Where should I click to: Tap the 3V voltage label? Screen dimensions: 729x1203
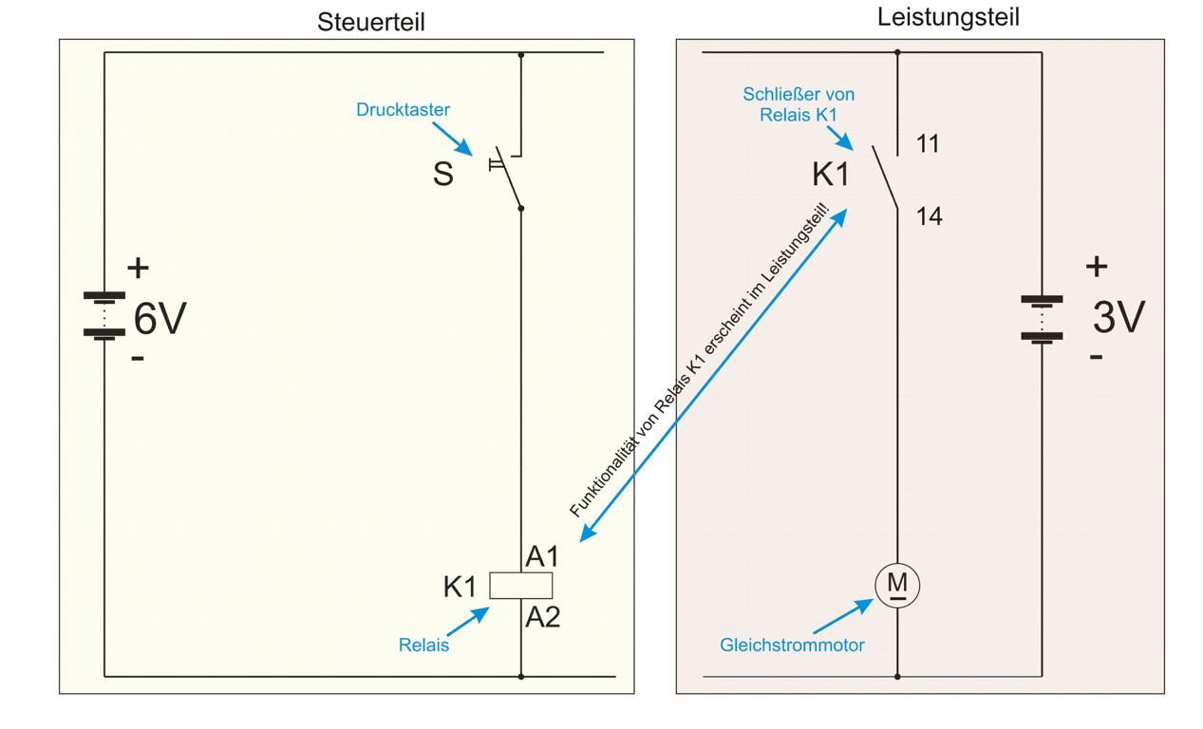(x=1118, y=318)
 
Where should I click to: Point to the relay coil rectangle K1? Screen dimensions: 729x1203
(x=520, y=586)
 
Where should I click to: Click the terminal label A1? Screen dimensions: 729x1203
(x=542, y=558)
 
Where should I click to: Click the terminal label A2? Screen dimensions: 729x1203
(x=543, y=618)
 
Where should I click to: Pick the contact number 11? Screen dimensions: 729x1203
(x=928, y=144)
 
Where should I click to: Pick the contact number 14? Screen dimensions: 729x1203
(x=929, y=217)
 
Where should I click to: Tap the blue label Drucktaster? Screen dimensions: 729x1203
(x=403, y=110)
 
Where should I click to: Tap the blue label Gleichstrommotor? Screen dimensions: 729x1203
(x=792, y=645)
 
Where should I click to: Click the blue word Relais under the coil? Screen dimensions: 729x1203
(x=423, y=645)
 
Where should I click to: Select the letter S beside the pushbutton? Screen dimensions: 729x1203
(x=442, y=175)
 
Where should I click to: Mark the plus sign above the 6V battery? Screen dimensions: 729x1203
(x=139, y=268)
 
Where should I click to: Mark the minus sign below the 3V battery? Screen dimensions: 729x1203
(x=1096, y=358)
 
